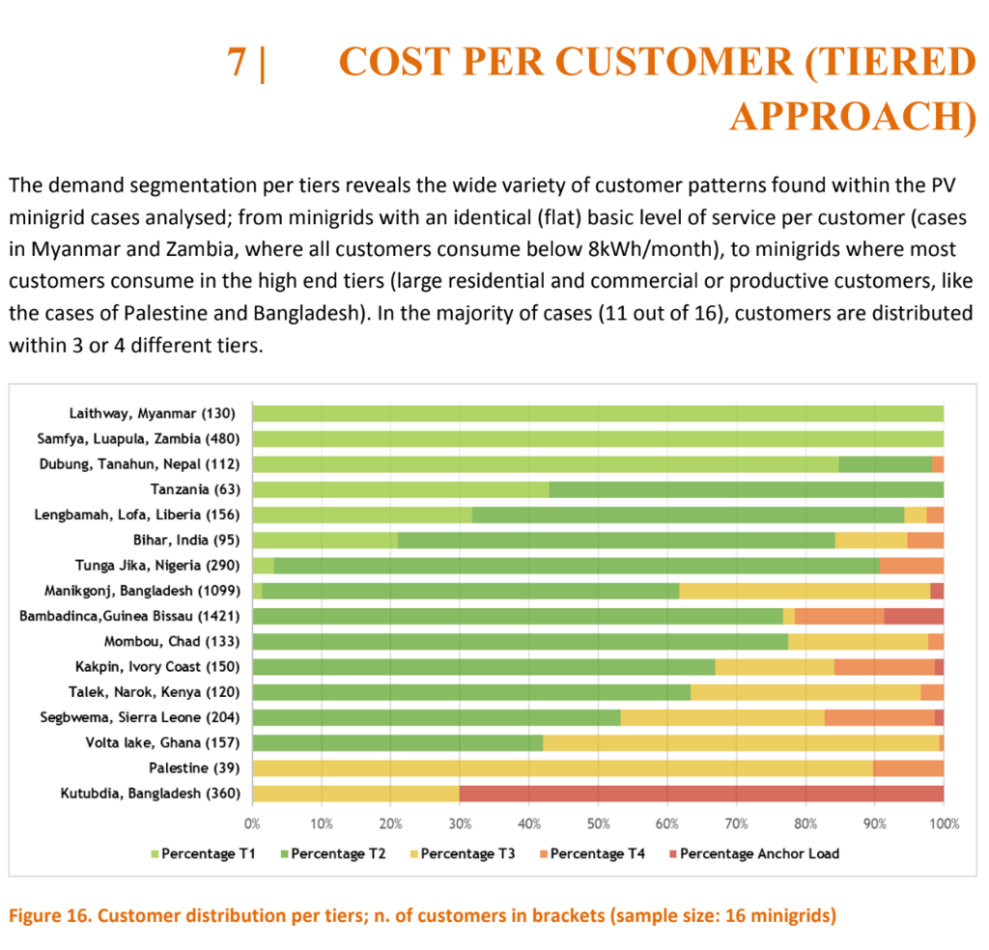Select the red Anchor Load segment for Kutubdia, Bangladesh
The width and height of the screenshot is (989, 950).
click(701, 792)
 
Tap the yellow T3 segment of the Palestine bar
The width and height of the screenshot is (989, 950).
click(562, 767)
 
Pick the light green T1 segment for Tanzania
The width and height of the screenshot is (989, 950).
click(400, 489)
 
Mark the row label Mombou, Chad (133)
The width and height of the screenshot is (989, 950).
click(172, 641)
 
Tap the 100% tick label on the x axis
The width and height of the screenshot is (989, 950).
click(943, 824)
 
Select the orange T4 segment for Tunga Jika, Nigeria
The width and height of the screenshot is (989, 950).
click(911, 565)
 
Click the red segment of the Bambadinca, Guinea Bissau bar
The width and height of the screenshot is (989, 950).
click(913, 616)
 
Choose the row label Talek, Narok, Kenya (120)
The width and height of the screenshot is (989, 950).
click(154, 692)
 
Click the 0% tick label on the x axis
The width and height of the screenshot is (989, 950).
click(252, 824)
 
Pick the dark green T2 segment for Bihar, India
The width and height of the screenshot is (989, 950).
click(615, 540)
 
